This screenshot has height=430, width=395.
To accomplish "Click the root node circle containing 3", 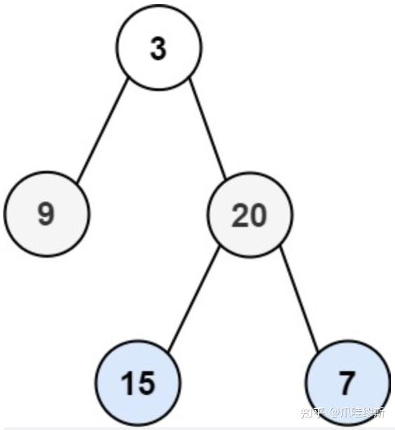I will [x=159, y=47].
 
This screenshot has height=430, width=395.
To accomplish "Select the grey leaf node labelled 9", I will [x=47, y=214].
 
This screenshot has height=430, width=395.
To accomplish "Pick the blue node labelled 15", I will [x=138, y=382].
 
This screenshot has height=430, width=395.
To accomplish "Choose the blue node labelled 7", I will [x=347, y=382].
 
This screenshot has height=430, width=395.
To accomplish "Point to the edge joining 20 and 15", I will [x=194, y=298].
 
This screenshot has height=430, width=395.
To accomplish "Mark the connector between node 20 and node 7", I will [x=300, y=298].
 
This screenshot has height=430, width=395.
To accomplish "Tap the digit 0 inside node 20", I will [x=258, y=214].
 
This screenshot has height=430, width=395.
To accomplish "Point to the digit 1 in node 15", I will [x=128, y=383].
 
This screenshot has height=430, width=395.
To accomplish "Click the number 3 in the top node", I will [x=159, y=48].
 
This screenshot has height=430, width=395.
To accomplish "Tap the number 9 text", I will [x=46, y=214].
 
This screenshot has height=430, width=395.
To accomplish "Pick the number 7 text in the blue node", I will [x=347, y=383].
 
